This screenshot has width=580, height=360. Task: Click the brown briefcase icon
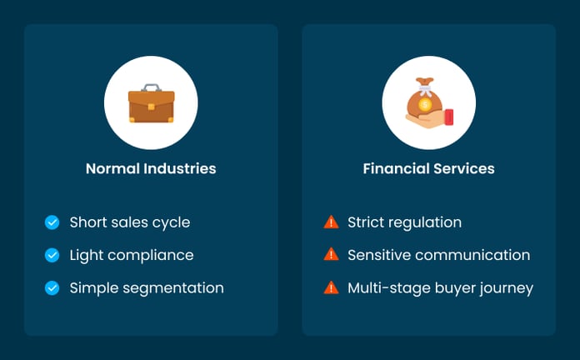click(151, 105)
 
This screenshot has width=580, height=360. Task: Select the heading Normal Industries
click(151, 168)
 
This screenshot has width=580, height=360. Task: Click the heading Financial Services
click(428, 168)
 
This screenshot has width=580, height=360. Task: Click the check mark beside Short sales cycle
click(52, 222)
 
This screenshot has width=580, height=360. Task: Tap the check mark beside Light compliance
click(52, 255)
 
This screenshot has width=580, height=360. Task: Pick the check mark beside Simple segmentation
click(52, 288)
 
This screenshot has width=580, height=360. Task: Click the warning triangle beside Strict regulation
click(331, 222)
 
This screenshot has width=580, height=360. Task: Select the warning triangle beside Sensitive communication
click(331, 255)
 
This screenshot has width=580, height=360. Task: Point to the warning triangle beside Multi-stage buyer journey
click(331, 288)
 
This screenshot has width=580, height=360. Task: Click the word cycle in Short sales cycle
click(171, 222)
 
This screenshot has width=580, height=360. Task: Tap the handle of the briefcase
click(151, 87)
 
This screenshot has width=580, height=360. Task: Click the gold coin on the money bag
click(425, 105)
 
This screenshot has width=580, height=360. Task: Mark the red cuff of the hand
click(449, 116)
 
